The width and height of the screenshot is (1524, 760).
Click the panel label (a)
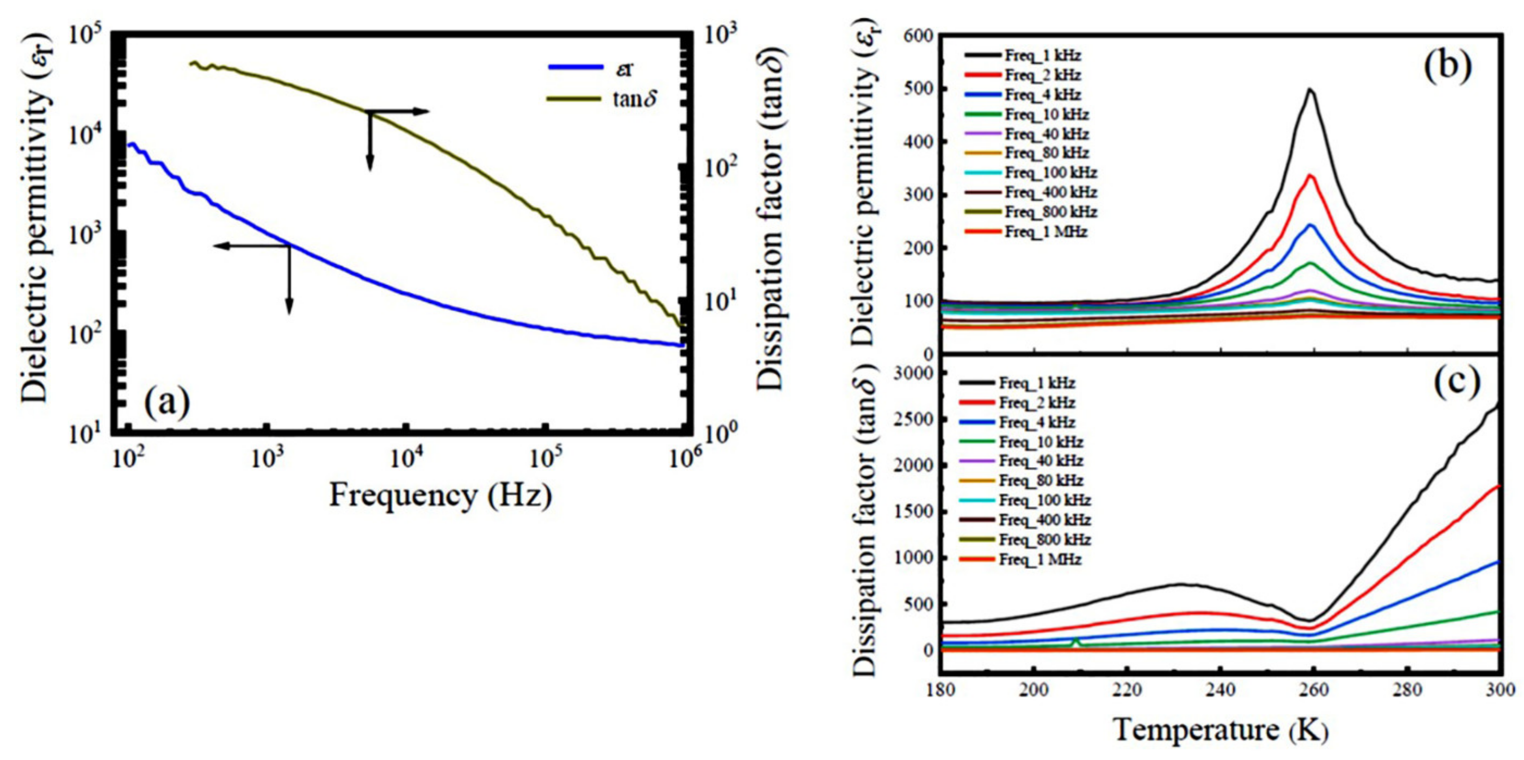[167, 402]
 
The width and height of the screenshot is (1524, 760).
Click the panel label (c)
[1455, 383]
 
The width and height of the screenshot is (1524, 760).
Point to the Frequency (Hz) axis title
[441, 494]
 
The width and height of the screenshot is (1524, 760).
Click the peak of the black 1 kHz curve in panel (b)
[1306, 89]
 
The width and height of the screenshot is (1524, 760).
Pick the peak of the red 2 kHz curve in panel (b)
[1306, 175]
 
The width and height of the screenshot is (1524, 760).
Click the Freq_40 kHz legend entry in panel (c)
[1040, 461]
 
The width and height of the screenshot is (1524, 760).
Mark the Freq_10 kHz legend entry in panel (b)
[1046, 114]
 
